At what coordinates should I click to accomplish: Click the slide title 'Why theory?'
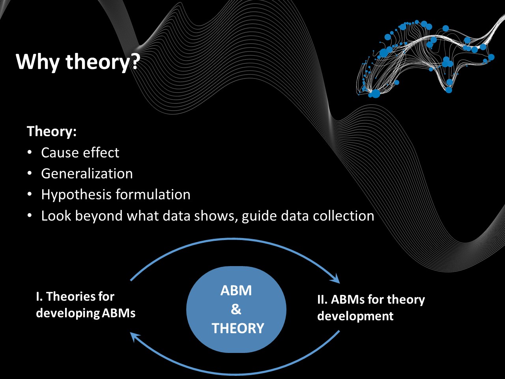[78, 62]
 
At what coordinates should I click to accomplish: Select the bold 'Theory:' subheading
[52, 131]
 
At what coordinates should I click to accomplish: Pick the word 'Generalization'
[87, 173]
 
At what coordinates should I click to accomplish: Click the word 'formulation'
[153, 194]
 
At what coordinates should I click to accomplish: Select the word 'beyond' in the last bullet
[99, 216]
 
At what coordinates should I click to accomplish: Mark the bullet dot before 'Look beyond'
[30, 216]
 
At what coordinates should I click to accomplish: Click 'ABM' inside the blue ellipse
[236, 291]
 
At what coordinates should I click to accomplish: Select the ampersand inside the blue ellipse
[236, 309]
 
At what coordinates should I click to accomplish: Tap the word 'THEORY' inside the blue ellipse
[238, 328]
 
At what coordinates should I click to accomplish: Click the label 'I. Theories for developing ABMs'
[86, 305]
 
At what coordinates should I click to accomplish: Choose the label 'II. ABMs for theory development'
[371, 308]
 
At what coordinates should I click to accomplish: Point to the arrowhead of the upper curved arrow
[336, 278]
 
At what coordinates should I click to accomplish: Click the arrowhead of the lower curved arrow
[135, 337]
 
